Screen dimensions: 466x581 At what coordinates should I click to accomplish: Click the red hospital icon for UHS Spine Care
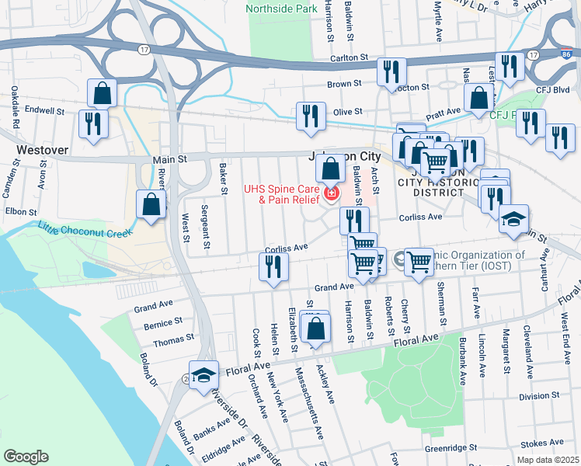point(332,192)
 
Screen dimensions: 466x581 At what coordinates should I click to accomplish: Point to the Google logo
point(26,456)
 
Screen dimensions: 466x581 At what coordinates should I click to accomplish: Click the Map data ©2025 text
point(548,460)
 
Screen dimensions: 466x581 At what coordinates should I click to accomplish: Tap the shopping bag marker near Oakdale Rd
point(103,93)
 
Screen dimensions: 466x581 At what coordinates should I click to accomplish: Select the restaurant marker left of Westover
point(93,124)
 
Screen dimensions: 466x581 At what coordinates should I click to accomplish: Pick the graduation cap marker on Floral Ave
point(204,374)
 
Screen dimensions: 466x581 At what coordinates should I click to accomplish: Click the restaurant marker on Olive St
point(311,116)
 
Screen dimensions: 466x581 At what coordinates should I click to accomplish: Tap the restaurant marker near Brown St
point(391,71)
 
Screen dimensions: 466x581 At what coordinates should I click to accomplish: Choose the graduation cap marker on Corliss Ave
point(513,219)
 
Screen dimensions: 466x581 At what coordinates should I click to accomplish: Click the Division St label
point(534,396)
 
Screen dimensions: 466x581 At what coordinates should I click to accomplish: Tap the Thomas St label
point(173,339)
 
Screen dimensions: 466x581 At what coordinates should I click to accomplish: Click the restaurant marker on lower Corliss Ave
point(273,267)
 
